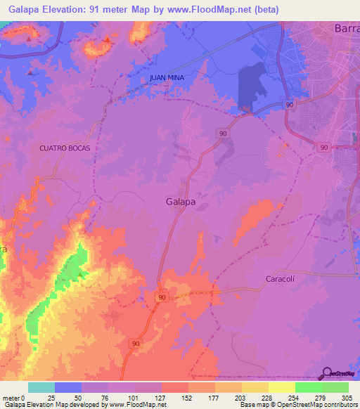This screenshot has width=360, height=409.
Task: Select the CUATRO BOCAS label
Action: pyautogui.click(x=65, y=148)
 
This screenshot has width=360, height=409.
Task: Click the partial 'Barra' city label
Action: pyautogui.click(x=345, y=30)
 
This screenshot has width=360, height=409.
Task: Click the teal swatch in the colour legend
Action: pyautogui.click(x=41, y=387)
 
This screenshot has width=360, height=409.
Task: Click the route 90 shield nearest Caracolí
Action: pyautogui.click(x=162, y=298)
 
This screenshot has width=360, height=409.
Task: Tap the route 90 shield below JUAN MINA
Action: pyautogui.click(x=222, y=133)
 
